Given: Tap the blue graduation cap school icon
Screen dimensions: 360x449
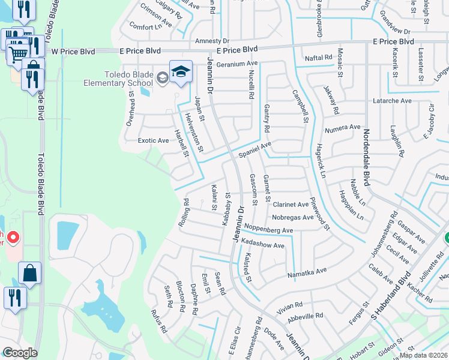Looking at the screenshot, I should [x=180, y=71].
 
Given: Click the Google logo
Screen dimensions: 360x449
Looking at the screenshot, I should [x=20, y=353].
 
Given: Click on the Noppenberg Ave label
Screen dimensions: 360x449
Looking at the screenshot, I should [x=267, y=230].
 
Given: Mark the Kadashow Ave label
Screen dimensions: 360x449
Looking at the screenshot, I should [x=262, y=245].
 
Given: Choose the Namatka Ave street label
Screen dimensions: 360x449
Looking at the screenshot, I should [x=307, y=271].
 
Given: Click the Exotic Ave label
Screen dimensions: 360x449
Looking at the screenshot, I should [x=153, y=140].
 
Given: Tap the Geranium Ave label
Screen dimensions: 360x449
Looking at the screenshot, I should [x=237, y=64].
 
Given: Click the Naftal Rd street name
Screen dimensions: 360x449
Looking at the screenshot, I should [x=319, y=58].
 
